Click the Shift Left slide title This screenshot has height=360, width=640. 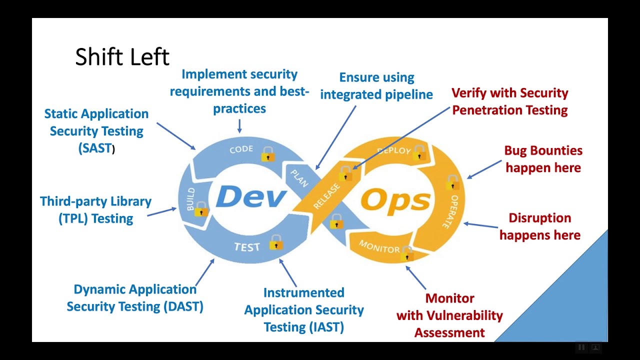pyautogui.click(x=122, y=57)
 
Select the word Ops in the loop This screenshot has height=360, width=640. pyautogui.click(x=395, y=200)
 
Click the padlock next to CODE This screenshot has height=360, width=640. pyautogui.click(x=268, y=154)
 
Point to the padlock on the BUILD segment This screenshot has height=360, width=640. pyautogui.click(x=201, y=209)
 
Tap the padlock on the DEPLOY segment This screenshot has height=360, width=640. pyautogui.click(x=419, y=152)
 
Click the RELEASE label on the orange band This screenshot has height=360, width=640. pyautogui.click(x=326, y=196)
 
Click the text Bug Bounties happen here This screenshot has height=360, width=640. pyautogui.click(x=543, y=159)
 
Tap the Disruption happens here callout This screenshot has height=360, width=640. pyautogui.click(x=540, y=226)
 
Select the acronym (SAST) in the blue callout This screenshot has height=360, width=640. pyautogui.click(x=95, y=148)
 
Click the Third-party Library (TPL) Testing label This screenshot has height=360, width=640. pyautogui.click(x=95, y=210)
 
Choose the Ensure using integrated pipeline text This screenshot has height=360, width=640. pyautogui.click(x=376, y=85)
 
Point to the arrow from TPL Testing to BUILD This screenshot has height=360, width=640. pyautogui.click(x=161, y=212)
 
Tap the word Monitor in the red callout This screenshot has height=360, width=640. pyautogui.click(x=449, y=298)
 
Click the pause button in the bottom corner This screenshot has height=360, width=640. pyautogui.click(x=581, y=347)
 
